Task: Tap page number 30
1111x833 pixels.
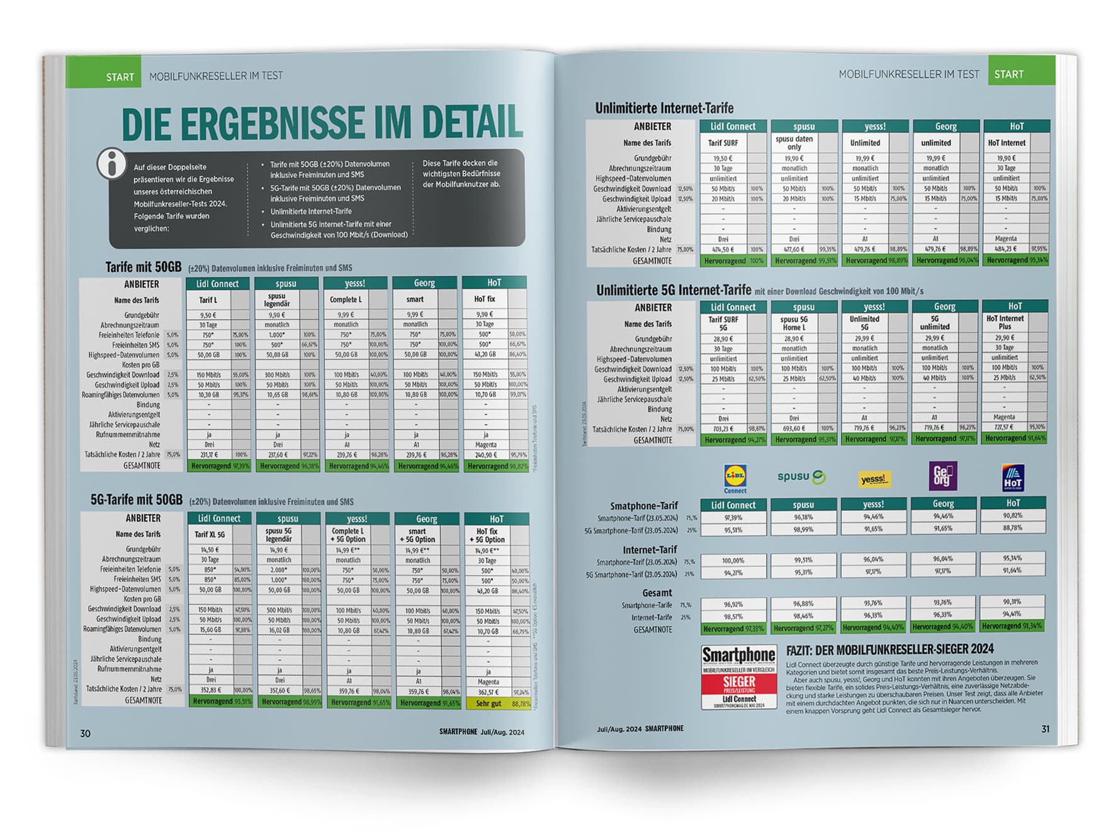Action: (x=85, y=733)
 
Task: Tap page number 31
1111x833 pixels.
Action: (x=1045, y=729)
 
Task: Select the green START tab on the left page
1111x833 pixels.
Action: (x=120, y=77)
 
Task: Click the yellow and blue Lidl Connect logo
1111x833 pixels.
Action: (x=735, y=478)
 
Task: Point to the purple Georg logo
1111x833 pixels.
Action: (x=942, y=476)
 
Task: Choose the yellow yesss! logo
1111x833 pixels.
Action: (x=874, y=479)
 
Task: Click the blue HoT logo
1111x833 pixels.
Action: (x=1012, y=478)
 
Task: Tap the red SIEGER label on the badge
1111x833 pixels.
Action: (x=739, y=682)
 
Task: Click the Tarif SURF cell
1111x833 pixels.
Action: (x=723, y=143)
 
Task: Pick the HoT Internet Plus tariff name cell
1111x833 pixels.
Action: (x=1005, y=322)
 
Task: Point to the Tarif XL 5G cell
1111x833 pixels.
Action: (x=210, y=534)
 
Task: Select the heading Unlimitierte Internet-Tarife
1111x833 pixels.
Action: (x=664, y=108)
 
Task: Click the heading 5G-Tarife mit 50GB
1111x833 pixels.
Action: (x=136, y=500)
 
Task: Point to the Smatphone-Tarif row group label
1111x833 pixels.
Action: (x=643, y=506)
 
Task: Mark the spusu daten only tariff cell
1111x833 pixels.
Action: (x=794, y=143)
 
